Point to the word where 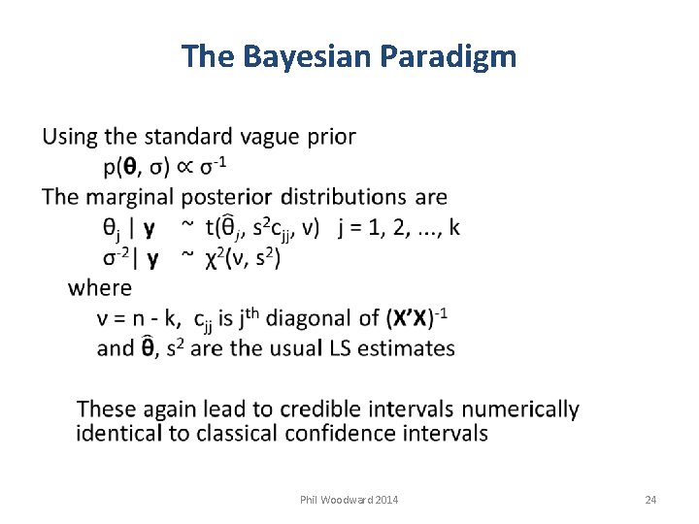point(100,287)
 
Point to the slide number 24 point(650,500)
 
